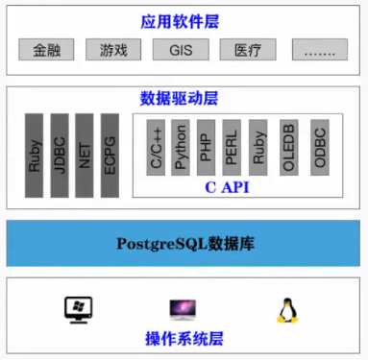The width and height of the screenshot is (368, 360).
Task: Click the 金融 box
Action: coord(46,49)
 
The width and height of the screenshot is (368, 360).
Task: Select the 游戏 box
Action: coord(113,49)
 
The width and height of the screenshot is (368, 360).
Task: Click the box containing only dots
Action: coord(319,49)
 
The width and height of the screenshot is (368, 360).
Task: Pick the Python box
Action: coord(181,147)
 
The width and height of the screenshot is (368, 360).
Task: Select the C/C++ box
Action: coord(156,147)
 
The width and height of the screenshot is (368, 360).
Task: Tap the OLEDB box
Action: coord(288,147)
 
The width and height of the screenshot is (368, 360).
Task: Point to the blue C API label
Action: coord(228,186)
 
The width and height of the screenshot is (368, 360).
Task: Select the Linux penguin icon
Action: coord(285,309)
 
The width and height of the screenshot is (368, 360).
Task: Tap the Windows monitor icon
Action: coord(77,309)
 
